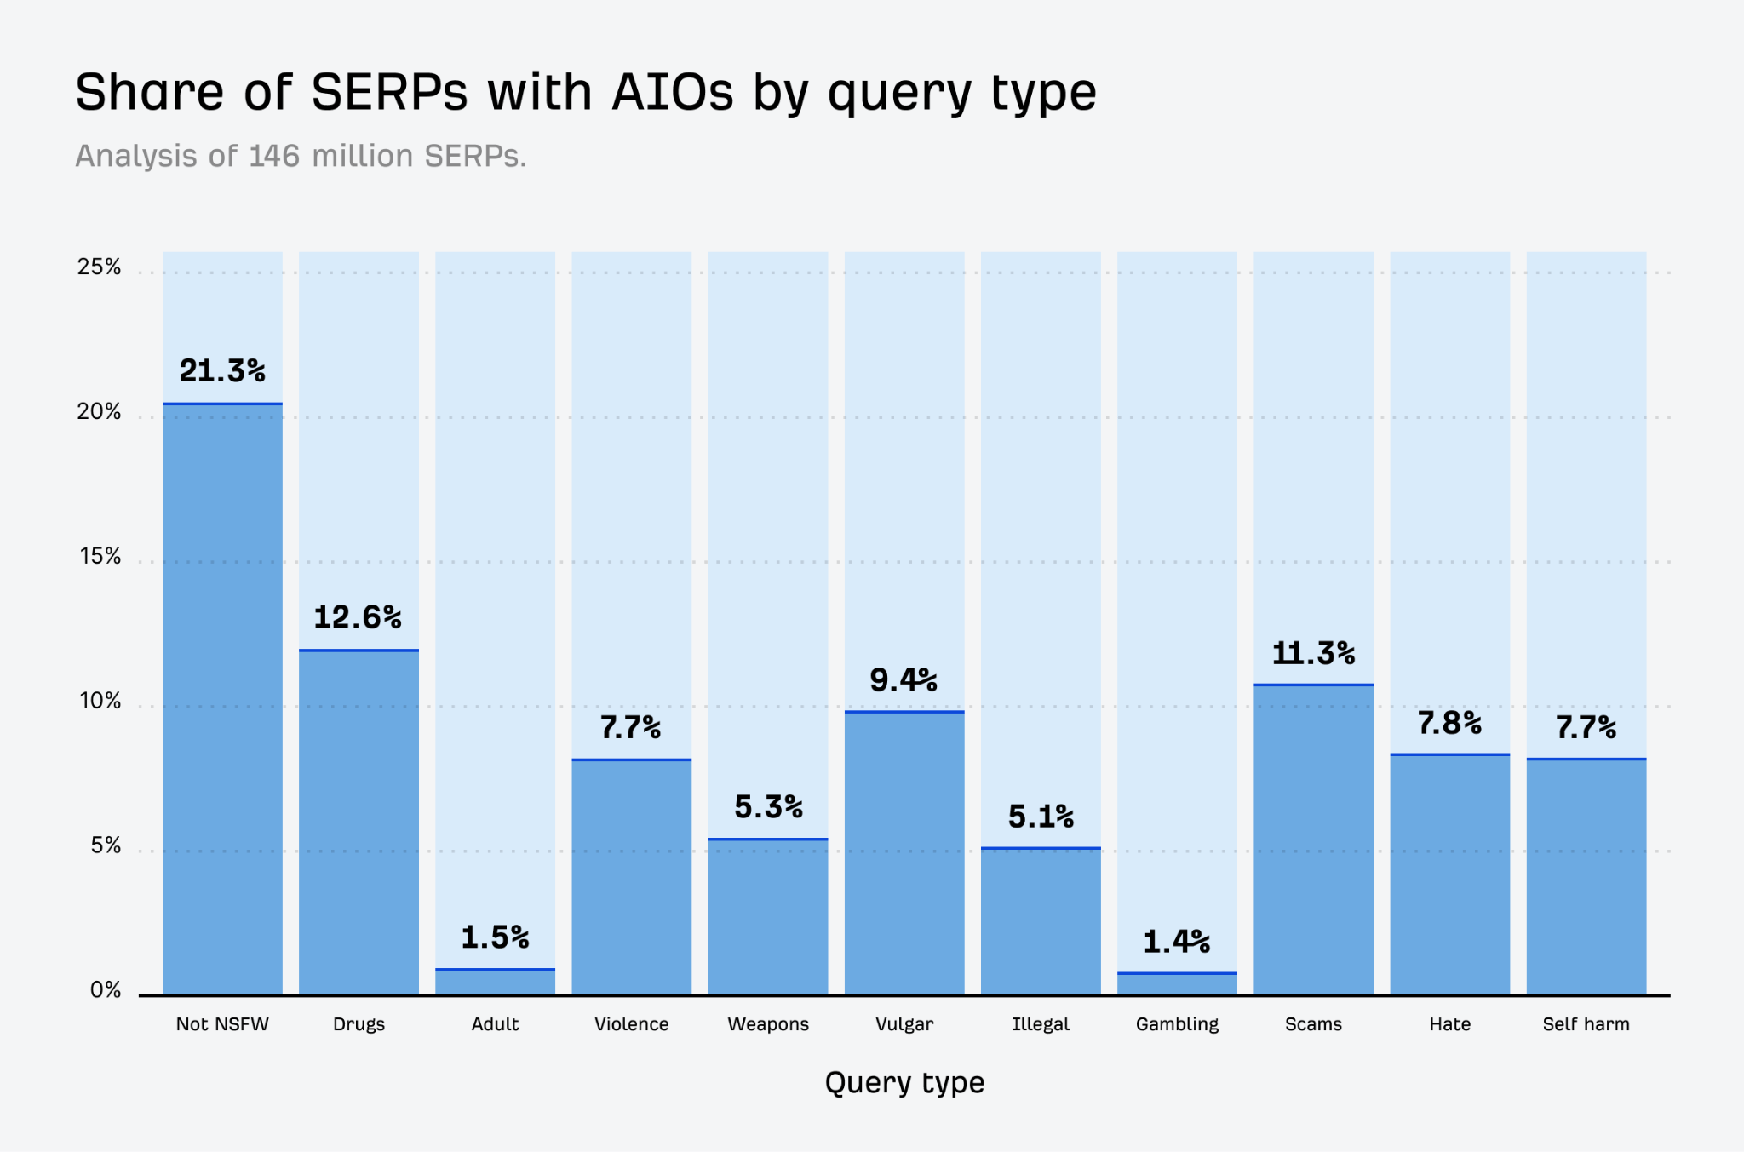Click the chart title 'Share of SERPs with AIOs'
(x=586, y=92)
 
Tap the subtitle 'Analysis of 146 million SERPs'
(x=301, y=157)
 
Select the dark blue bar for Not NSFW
(x=222, y=698)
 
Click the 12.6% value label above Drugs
(x=358, y=617)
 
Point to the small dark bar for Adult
(x=495, y=983)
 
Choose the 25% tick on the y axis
(x=100, y=267)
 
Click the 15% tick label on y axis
(x=100, y=557)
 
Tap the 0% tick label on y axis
(x=106, y=990)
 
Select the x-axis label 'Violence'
(x=631, y=1024)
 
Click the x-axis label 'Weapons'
(x=767, y=1024)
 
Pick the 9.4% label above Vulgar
(x=904, y=680)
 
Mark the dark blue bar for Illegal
(x=1041, y=921)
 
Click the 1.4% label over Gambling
(x=1177, y=942)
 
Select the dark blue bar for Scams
(x=1313, y=839)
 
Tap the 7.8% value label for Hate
(x=1449, y=724)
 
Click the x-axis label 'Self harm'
(x=1586, y=1024)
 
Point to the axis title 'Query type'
(x=904, y=1083)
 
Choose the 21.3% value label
(x=222, y=371)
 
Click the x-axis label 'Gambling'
(x=1177, y=1024)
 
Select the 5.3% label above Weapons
(x=768, y=807)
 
